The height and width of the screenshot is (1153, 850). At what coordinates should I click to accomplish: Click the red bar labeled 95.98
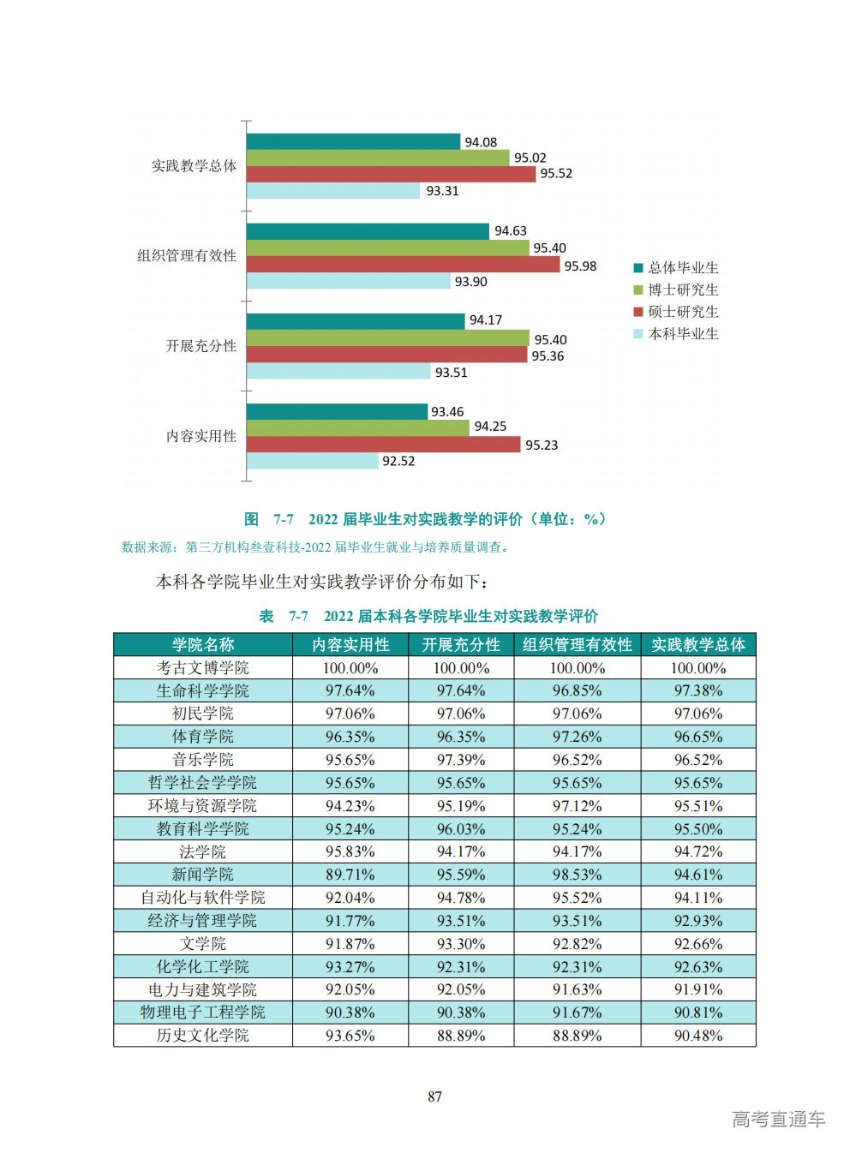(403, 265)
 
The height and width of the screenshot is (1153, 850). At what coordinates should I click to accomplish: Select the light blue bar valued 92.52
(312, 461)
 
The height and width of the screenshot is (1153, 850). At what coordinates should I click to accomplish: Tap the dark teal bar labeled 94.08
(353, 141)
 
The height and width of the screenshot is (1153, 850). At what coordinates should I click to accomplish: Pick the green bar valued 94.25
(357, 427)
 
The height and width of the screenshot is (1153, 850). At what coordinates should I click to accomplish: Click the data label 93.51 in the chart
(451, 373)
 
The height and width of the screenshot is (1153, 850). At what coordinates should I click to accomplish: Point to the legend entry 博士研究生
(683, 290)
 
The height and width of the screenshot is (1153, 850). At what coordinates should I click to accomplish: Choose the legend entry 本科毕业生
(683, 334)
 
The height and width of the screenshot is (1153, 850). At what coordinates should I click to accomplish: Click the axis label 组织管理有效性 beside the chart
(187, 255)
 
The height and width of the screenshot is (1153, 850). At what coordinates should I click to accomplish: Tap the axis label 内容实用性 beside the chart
(201, 436)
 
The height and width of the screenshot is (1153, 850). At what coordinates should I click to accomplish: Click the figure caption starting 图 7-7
(425, 519)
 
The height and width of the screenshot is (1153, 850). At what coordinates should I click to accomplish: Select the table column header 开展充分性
(461, 645)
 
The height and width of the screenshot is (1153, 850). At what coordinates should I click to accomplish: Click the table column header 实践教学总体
(698, 645)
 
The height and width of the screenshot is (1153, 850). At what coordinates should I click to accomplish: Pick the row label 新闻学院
(203, 875)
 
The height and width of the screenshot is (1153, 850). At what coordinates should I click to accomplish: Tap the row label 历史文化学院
(203, 1036)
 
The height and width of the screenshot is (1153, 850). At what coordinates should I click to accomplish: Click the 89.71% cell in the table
(350, 875)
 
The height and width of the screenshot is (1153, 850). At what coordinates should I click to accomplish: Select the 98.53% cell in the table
(577, 875)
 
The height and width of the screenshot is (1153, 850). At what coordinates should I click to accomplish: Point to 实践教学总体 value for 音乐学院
(698, 760)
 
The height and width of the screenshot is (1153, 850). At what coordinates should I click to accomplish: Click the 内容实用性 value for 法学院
(350, 851)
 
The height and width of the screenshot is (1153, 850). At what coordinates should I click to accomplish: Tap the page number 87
(434, 1096)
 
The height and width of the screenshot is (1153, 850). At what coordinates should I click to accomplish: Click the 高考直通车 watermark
(778, 1119)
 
